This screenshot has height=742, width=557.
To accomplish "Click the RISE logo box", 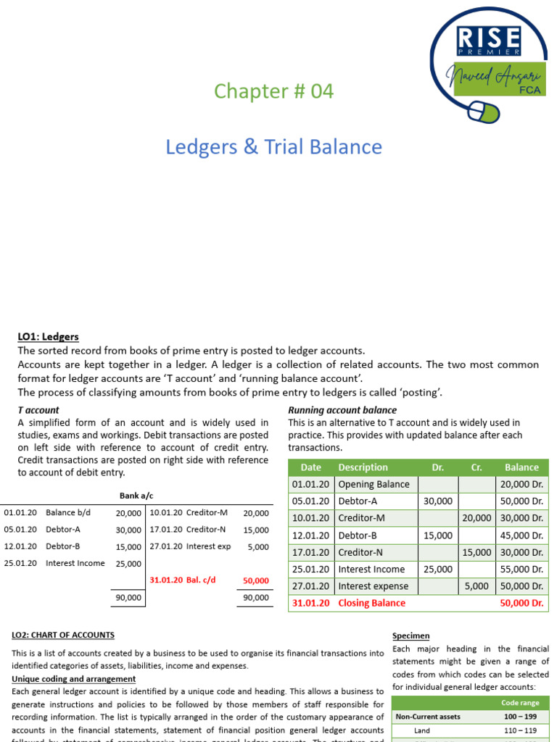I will coord(487,40).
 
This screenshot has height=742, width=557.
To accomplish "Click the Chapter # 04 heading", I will coord(273,91).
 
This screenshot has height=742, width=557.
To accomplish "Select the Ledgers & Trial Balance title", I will coord(273,146).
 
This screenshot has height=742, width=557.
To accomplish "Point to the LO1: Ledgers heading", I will coord(48,337).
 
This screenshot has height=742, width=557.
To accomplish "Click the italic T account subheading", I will coord(38,410).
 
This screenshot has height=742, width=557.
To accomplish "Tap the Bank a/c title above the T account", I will coord(136,496).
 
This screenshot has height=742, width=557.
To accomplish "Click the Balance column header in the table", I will coord(521,467).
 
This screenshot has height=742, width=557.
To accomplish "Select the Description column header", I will coord(363,467).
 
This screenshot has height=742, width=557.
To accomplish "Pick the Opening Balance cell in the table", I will coord(374,484).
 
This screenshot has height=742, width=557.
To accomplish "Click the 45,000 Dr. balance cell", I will coord(521,535).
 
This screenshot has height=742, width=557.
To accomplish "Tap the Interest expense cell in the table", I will coord(373,586).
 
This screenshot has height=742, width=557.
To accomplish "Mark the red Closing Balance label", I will coord(371,603).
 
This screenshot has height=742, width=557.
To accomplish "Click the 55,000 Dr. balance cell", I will coord(521,570).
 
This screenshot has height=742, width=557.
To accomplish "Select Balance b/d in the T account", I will coord(68,512).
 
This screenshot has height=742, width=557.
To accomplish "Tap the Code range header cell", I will coord(519,703).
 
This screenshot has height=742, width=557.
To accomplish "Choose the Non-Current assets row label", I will coord(428,717).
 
